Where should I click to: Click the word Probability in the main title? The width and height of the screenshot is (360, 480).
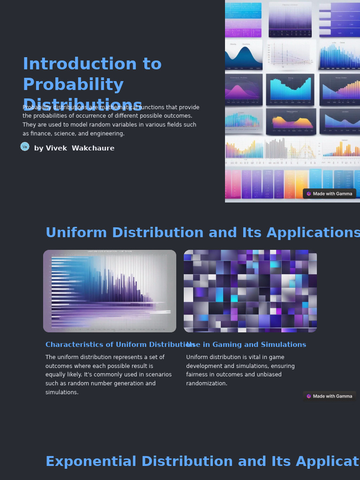tap(73, 84)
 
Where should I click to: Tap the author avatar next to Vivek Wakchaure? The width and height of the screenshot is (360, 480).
tap(25, 147)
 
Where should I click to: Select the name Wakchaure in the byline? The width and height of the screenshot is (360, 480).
tap(93, 148)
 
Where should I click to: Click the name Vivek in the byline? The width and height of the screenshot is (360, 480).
tap(56, 148)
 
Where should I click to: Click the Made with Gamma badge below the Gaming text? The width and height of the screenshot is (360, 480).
tap(330, 396)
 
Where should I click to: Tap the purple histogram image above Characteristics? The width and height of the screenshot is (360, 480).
tap(110, 291)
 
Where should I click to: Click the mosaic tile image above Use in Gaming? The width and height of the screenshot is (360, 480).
tap(250, 291)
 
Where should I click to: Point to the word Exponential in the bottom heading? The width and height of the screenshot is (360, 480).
tap(91, 462)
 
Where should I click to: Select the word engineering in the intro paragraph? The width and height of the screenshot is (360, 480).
tap(108, 134)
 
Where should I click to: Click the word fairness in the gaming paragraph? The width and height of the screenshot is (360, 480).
tap(198, 375)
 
